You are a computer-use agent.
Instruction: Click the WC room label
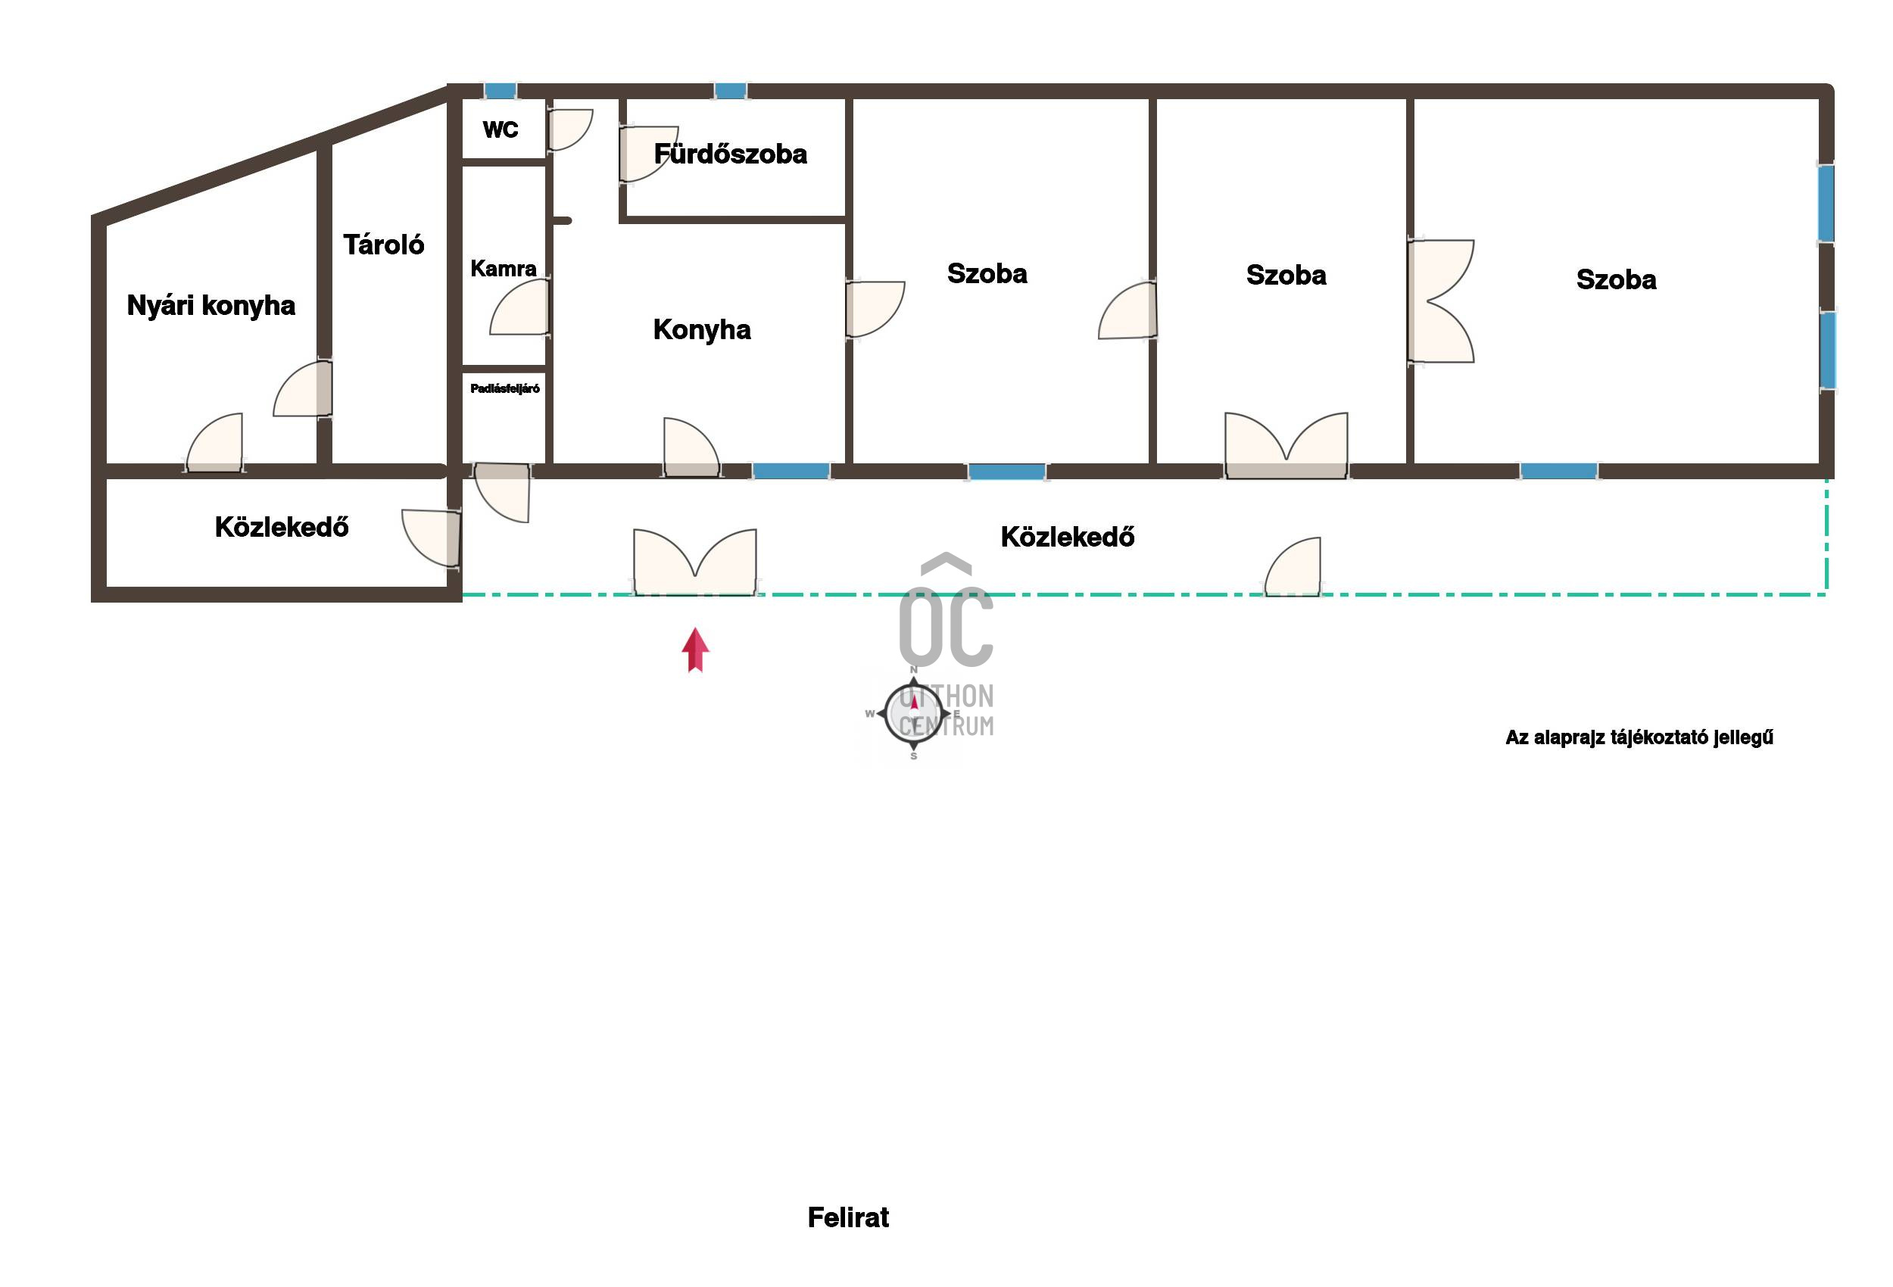pos(500,129)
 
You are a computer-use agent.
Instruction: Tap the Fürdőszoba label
pos(730,153)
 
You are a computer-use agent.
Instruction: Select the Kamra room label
pos(504,269)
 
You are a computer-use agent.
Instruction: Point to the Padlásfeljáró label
pos(505,388)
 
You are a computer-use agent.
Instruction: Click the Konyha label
pos(701,330)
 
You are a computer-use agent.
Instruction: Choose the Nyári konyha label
pos(211,305)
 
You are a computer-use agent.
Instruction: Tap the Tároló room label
pos(384,245)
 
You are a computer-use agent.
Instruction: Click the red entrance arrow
pos(695,650)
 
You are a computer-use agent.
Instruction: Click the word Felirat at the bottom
pos(848,1217)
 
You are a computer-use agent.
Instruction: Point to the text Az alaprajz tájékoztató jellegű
pos(1639,737)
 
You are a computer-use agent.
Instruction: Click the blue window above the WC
pos(500,90)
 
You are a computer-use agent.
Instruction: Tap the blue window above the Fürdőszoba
pos(731,90)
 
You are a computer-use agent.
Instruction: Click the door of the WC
pos(569,129)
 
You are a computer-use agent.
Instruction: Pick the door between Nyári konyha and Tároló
pos(303,389)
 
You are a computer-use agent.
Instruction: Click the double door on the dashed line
pos(695,562)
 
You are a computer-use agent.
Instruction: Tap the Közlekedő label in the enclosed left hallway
pos(282,527)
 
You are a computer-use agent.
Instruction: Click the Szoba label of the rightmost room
pos(1616,279)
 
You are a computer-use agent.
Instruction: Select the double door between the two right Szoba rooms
pos(1440,301)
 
